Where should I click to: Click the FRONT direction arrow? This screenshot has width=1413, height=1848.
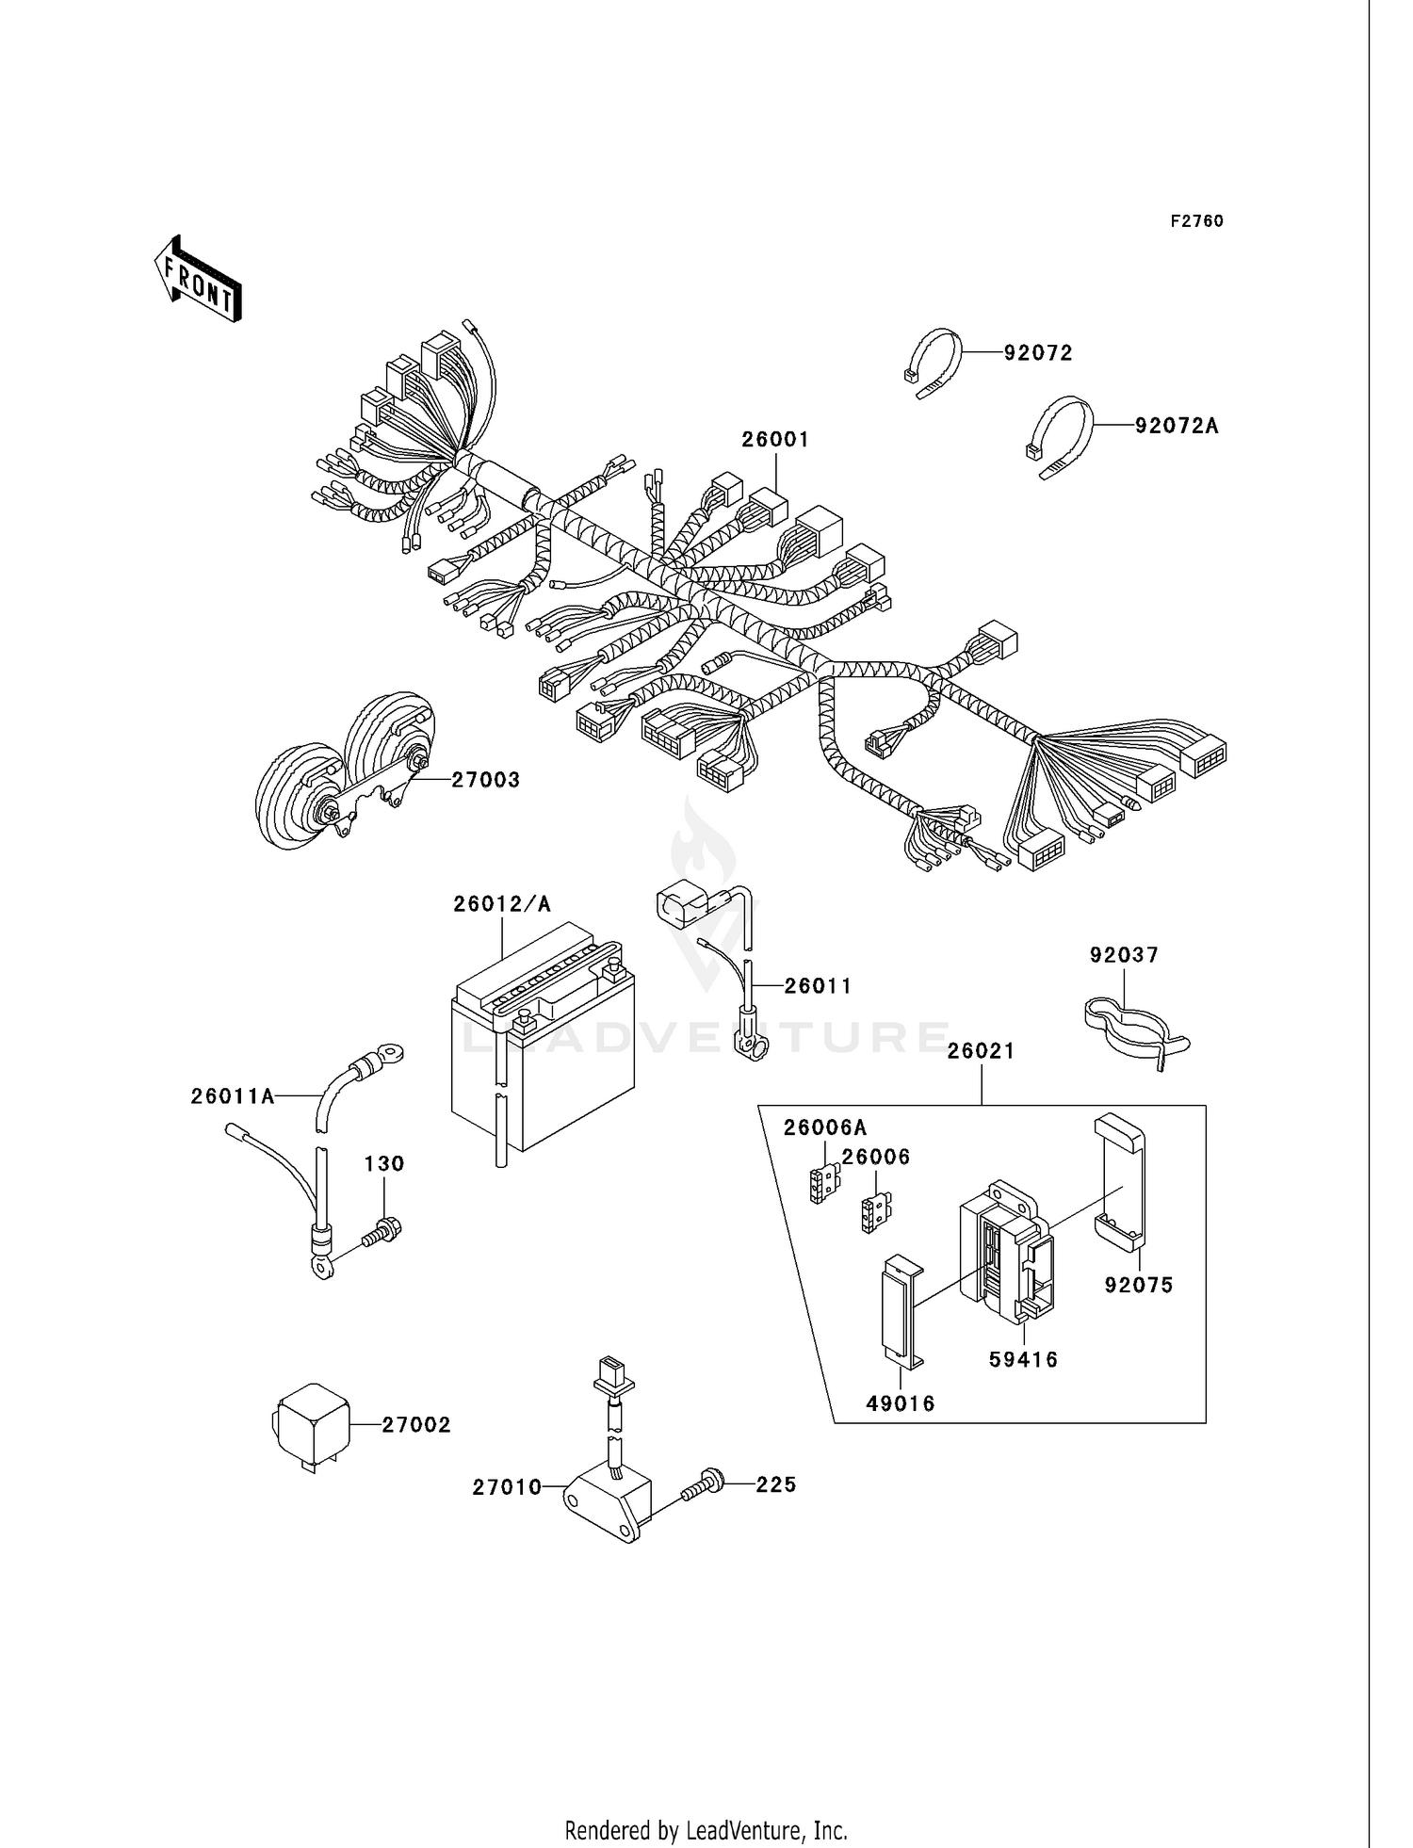click(198, 281)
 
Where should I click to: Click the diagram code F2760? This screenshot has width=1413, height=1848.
click(1196, 221)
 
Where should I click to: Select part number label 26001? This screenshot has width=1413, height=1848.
click(775, 440)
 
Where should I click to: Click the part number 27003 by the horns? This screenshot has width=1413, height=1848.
click(485, 780)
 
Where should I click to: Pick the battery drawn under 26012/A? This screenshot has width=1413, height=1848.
click(542, 1046)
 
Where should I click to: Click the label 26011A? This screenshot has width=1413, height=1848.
click(232, 1096)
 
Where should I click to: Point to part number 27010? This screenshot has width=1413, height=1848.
click(507, 1487)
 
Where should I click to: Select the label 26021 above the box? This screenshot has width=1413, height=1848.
click(981, 1051)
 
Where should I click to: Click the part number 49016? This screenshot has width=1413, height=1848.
click(901, 1404)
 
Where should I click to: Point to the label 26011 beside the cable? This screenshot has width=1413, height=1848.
click(818, 986)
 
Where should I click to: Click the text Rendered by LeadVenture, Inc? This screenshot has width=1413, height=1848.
click(706, 1830)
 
